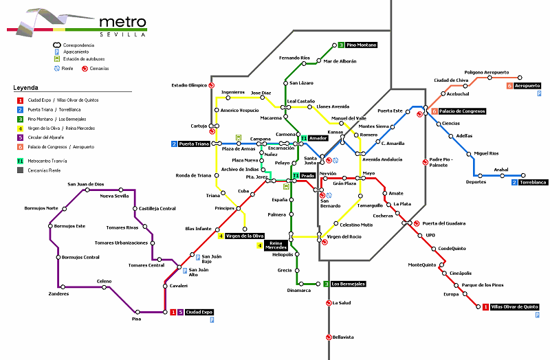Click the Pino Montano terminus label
point(362,45)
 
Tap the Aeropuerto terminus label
point(527,86)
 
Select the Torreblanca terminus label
point(533,182)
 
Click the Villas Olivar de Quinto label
point(515,307)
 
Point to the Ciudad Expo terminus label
point(199,312)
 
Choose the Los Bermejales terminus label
point(348,284)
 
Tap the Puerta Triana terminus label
point(193,144)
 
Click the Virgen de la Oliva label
point(245,236)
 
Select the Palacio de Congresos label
point(463,111)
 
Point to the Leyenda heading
point(25,88)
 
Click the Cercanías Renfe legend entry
point(47,170)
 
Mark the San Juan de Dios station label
point(85,184)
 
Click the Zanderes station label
point(59,294)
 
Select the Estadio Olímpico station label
point(188,86)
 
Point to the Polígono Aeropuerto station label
point(487,72)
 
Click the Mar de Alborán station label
point(340,61)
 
